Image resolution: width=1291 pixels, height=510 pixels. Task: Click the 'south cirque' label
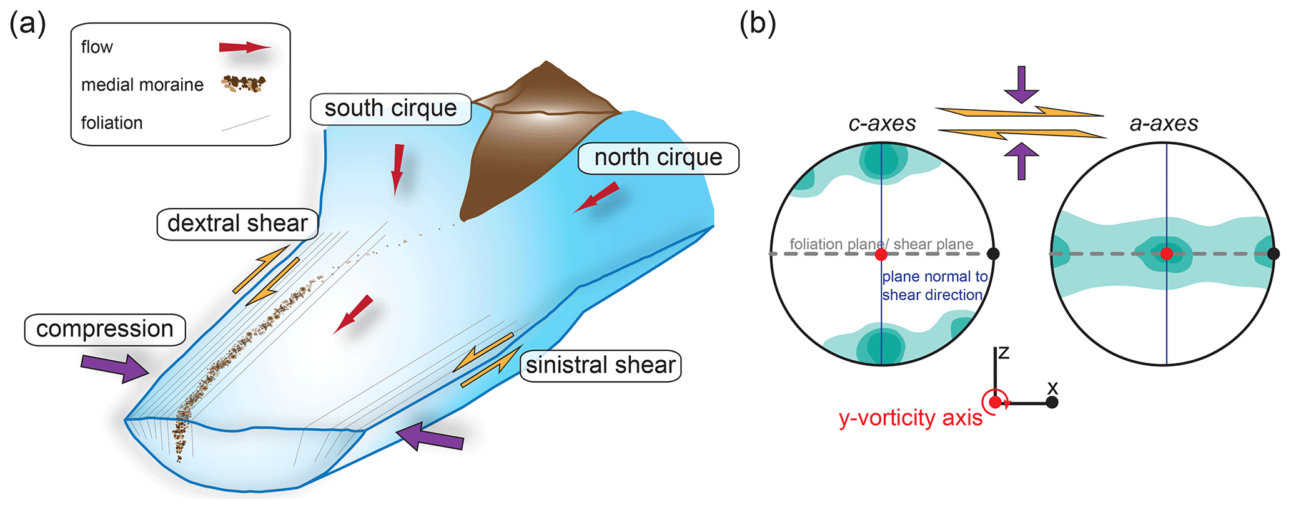tap(390, 109)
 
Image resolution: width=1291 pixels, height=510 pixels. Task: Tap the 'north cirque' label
tap(658, 157)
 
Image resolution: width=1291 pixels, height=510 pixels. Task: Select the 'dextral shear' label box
tap(237, 223)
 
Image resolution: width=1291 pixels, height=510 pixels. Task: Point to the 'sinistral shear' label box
tap(600, 365)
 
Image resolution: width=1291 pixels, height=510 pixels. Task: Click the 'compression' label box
tap(105, 329)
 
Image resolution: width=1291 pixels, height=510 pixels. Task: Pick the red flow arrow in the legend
tap(245, 47)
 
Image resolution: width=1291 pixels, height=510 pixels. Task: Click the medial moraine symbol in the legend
tap(244, 84)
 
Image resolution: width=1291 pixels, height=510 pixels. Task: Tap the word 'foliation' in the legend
tap(112, 123)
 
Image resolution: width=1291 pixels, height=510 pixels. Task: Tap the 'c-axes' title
tap(882, 124)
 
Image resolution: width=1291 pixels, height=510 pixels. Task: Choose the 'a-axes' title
tap(1164, 124)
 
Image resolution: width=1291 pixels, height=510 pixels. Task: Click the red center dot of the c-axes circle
tap(881, 255)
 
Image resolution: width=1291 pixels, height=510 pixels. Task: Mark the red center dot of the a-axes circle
tap(1166, 253)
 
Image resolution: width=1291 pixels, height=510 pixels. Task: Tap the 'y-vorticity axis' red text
tap(910, 418)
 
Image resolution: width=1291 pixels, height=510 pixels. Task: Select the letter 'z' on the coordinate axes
tap(1004, 353)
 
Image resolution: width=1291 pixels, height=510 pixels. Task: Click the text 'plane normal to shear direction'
tap(934, 286)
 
